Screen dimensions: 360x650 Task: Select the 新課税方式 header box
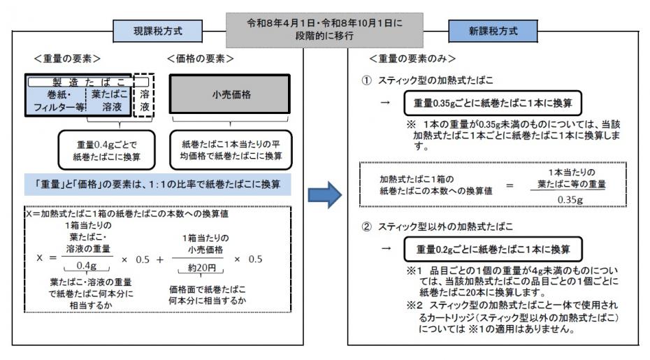click(492, 31)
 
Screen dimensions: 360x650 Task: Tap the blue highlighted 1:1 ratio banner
click(158, 186)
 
